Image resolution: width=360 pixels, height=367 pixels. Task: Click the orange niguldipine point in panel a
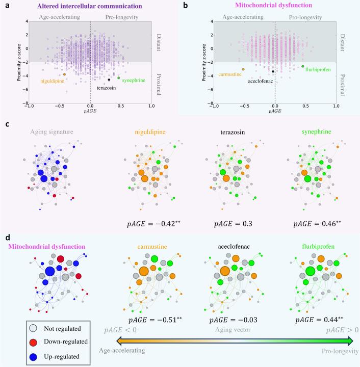[x=65, y=74]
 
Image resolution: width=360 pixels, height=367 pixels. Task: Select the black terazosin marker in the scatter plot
[x=109, y=80]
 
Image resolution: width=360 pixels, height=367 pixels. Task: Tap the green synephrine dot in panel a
[x=119, y=78]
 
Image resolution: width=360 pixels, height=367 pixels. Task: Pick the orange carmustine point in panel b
[x=243, y=69]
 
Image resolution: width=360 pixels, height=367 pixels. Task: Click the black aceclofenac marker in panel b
[x=273, y=71]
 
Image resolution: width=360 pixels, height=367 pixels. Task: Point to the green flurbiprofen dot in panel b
[x=303, y=66]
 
